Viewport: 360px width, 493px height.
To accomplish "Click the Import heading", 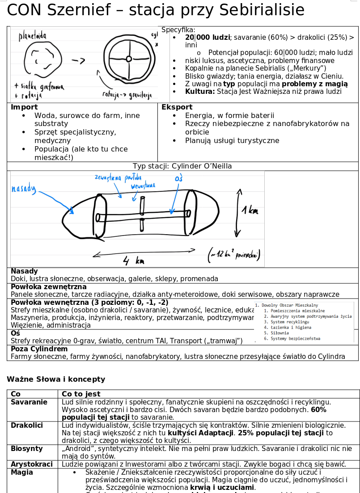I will (x=24, y=107).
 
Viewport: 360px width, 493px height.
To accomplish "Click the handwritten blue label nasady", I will (x=23, y=189).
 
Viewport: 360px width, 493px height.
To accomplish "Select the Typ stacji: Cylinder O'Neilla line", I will (x=182, y=166).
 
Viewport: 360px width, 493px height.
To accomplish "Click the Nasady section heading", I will (x=24, y=271).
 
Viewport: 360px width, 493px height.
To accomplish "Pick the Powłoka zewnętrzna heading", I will (x=49, y=287).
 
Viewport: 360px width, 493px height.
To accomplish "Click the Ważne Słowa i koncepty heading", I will (x=56, y=379).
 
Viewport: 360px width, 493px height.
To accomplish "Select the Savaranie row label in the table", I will (x=29, y=402).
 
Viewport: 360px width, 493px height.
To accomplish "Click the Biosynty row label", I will (x=27, y=449).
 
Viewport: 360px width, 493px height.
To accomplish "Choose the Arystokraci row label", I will (x=32, y=464).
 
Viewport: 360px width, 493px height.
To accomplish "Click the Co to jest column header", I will (x=81, y=394).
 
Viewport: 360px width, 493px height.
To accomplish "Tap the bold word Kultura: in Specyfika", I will (x=200, y=92).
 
